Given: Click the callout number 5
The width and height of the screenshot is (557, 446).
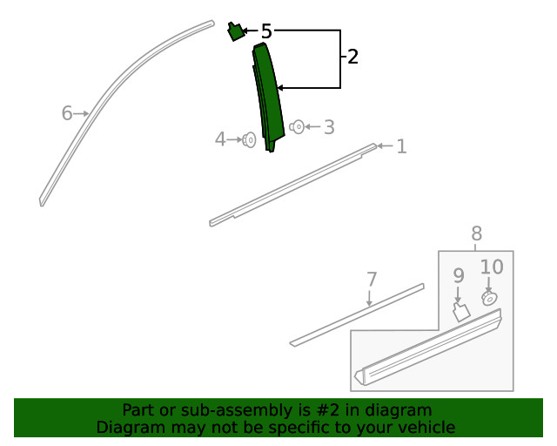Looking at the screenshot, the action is click(x=266, y=31).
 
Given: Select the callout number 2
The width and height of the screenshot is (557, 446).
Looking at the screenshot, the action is click(x=352, y=57).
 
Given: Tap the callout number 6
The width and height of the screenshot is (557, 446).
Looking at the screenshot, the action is click(x=67, y=113).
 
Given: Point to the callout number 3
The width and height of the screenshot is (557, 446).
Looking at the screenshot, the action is click(x=329, y=127).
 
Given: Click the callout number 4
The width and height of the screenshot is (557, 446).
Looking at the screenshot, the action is click(x=220, y=139).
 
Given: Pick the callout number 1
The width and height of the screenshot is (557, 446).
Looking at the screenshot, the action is click(x=401, y=146).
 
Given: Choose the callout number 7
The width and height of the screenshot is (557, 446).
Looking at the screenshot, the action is click(x=372, y=280).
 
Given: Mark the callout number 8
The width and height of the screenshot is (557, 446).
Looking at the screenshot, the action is click(x=476, y=233).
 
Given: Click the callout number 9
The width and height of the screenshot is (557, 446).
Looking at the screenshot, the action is click(x=459, y=275).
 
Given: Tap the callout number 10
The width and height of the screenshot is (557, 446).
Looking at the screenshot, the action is click(x=492, y=267).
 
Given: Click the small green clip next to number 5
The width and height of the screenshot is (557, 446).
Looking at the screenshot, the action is click(x=235, y=31).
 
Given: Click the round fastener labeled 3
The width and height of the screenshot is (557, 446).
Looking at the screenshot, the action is click(x=298, y=126).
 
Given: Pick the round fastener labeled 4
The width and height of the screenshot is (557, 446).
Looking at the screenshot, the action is click(x=250, y=139).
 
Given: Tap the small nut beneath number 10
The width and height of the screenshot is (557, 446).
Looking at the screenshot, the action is click(x=489, y=299).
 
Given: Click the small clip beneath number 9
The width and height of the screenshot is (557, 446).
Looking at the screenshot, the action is click(x=461, y=312).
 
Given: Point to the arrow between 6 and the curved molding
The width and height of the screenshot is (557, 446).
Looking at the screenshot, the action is click(x=81, y=113).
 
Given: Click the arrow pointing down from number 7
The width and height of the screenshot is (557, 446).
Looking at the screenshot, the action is click(x=369, y=298).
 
